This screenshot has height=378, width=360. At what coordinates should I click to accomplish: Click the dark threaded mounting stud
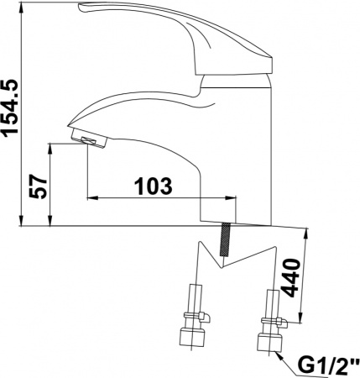click(x=226, y=242)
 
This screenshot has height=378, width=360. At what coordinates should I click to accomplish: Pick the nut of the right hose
click(x=270, y=343)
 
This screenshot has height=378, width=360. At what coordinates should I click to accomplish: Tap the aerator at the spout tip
click(x=84, y=139)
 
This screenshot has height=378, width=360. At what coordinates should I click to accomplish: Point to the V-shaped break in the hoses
click(x=220, y=265)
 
